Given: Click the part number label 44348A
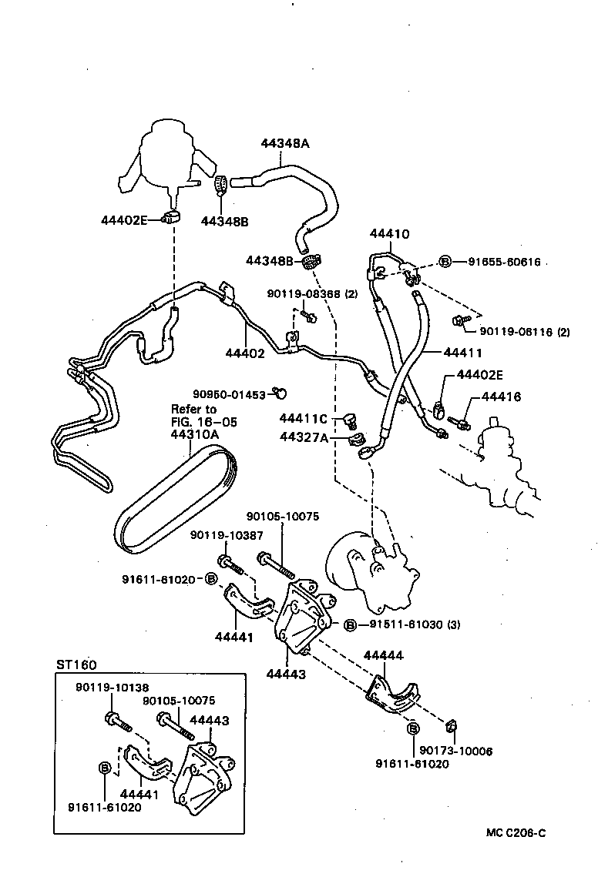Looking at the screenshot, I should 284,144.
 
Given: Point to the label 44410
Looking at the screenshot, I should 389,234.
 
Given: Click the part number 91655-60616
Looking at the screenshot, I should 506,262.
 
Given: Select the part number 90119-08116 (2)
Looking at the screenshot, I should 524,332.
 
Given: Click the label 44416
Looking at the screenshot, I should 501,397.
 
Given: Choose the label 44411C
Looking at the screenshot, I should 303,419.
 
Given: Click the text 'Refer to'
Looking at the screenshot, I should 193,409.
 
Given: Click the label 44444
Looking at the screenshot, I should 383,656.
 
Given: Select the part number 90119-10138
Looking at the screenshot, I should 112,688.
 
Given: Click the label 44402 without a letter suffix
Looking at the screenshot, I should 244,353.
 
